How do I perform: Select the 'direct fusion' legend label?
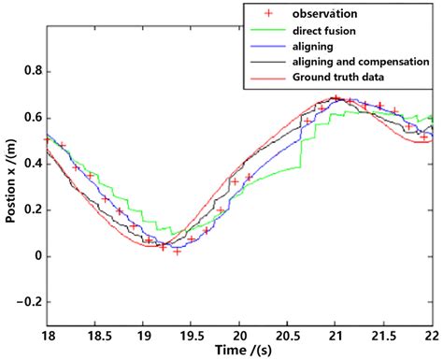tap(320, 31)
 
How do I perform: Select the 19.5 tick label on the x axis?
tap(191, 332)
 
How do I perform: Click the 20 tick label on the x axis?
tap(239, 332)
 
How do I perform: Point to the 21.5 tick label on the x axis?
tap(384, 332)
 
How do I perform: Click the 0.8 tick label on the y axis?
tap(29, 71)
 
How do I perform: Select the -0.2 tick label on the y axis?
tap(26, 301)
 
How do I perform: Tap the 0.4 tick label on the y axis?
tap(29, 164)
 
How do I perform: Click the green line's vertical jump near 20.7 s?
tap(300, 155)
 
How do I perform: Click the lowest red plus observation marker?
tap(178, 252)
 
